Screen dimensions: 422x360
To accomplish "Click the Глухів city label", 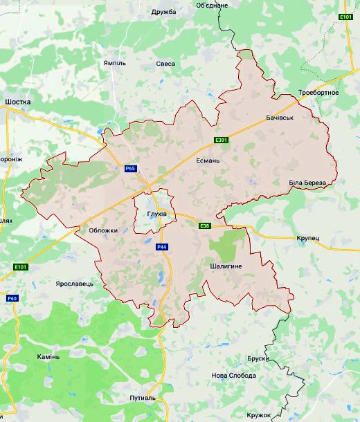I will click(157, 214).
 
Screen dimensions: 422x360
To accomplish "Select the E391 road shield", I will click(221, 140).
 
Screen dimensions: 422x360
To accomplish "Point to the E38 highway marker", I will click(204, 226).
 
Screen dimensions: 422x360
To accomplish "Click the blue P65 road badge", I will click(131, 168).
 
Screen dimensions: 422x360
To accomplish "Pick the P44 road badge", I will click(162, 247).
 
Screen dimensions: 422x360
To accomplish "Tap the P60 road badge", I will click(11, 298).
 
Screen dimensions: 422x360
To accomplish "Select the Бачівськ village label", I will click(280, 118).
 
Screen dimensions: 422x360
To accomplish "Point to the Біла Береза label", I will click(307, 182).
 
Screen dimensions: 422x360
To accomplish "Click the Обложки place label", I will click(104, 230).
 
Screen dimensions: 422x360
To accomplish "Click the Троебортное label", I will click(318, 93).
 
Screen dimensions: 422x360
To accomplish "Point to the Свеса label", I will click(165, 64).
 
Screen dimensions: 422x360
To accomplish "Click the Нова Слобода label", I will click(234, 376).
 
